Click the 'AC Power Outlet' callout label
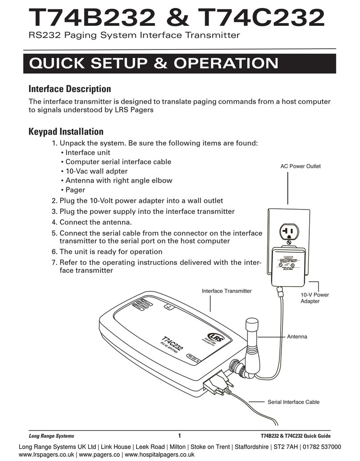[300, 166]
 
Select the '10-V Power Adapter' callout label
[315, 298]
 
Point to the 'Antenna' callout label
[297, 337]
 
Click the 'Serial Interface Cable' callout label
[294, 402]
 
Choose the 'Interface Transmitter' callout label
[227, 291]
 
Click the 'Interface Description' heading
[70, 89]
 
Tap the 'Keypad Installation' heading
[66, 132]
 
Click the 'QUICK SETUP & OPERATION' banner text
[154, 64]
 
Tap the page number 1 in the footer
[179, 436]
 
